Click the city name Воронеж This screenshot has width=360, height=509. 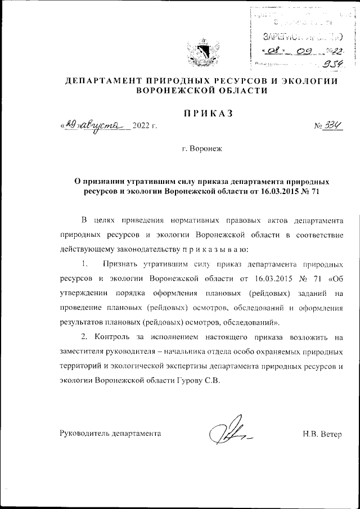[x=202, y=151]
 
